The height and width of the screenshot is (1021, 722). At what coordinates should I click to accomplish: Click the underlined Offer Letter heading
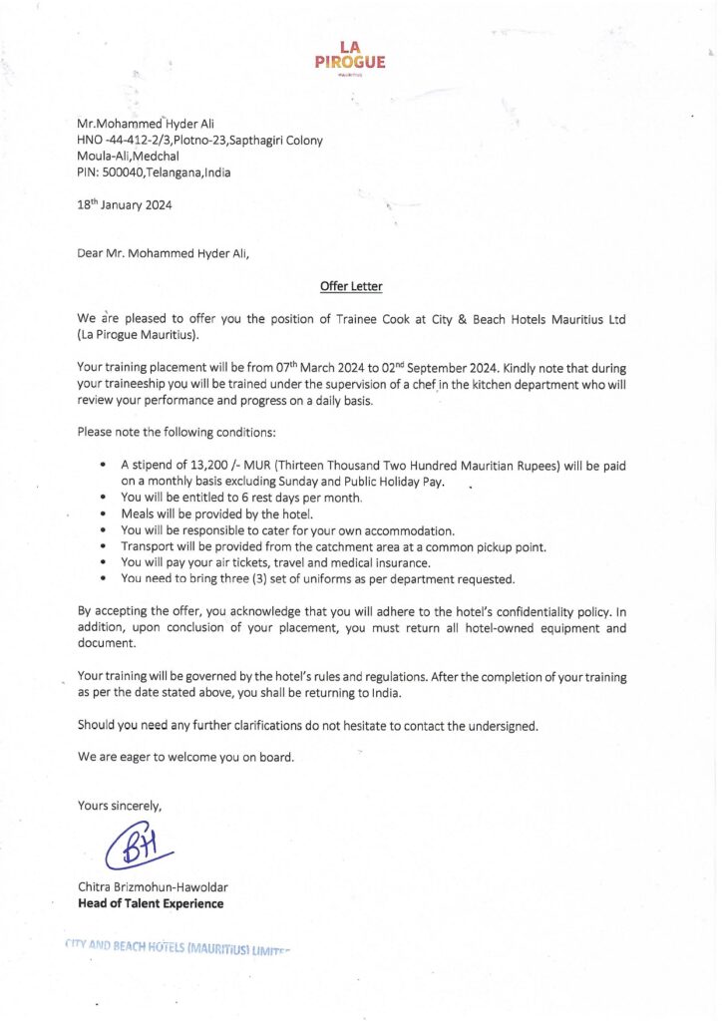[351, 286]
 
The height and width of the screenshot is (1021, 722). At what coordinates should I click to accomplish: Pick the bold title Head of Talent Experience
[151, 904]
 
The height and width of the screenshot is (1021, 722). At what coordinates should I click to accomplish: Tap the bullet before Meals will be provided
[104, 514]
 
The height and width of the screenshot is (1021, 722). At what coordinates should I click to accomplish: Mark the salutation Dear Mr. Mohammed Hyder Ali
[164, 253]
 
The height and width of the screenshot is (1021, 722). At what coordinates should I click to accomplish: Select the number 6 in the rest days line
[244, 498]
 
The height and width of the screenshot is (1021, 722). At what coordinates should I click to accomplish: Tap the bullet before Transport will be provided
[104, 546]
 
